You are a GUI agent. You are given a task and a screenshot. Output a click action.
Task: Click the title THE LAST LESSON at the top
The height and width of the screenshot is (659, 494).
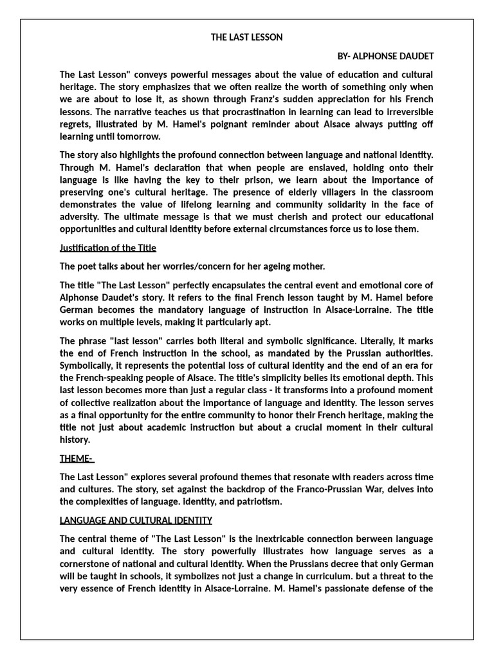[x=247, y=37]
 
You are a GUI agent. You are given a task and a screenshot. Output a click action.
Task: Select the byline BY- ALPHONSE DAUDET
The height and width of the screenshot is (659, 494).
[x=385, y=56]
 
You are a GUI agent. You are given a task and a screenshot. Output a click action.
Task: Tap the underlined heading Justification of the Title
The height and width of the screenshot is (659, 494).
[x=108, y=248]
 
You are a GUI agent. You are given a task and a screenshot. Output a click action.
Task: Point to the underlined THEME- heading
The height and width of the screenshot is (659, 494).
[x=77, y=458]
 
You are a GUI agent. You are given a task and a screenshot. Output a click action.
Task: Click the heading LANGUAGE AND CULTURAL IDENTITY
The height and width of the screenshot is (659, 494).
[x=136, y=520]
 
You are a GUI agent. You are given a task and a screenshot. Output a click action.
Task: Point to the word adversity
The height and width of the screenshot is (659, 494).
[x=79, y=217]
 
